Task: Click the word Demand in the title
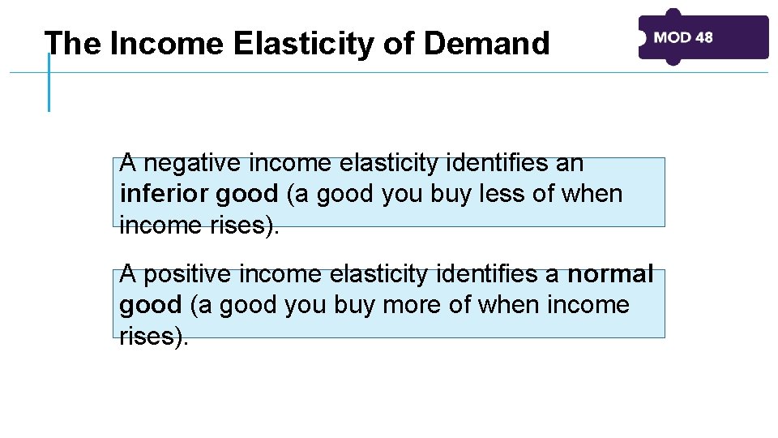(x=486, y=44)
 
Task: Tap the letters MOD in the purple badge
(x=672, y=37)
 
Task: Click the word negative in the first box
(x=193, y=164)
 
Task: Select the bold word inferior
(x=165, y=195)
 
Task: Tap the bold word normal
(x=610, y=274)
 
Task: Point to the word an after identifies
(x=569, y=164)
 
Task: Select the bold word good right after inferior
(x=247, y=195)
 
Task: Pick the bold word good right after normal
(x=151, y=305)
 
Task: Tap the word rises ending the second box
(x=150, y=336)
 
